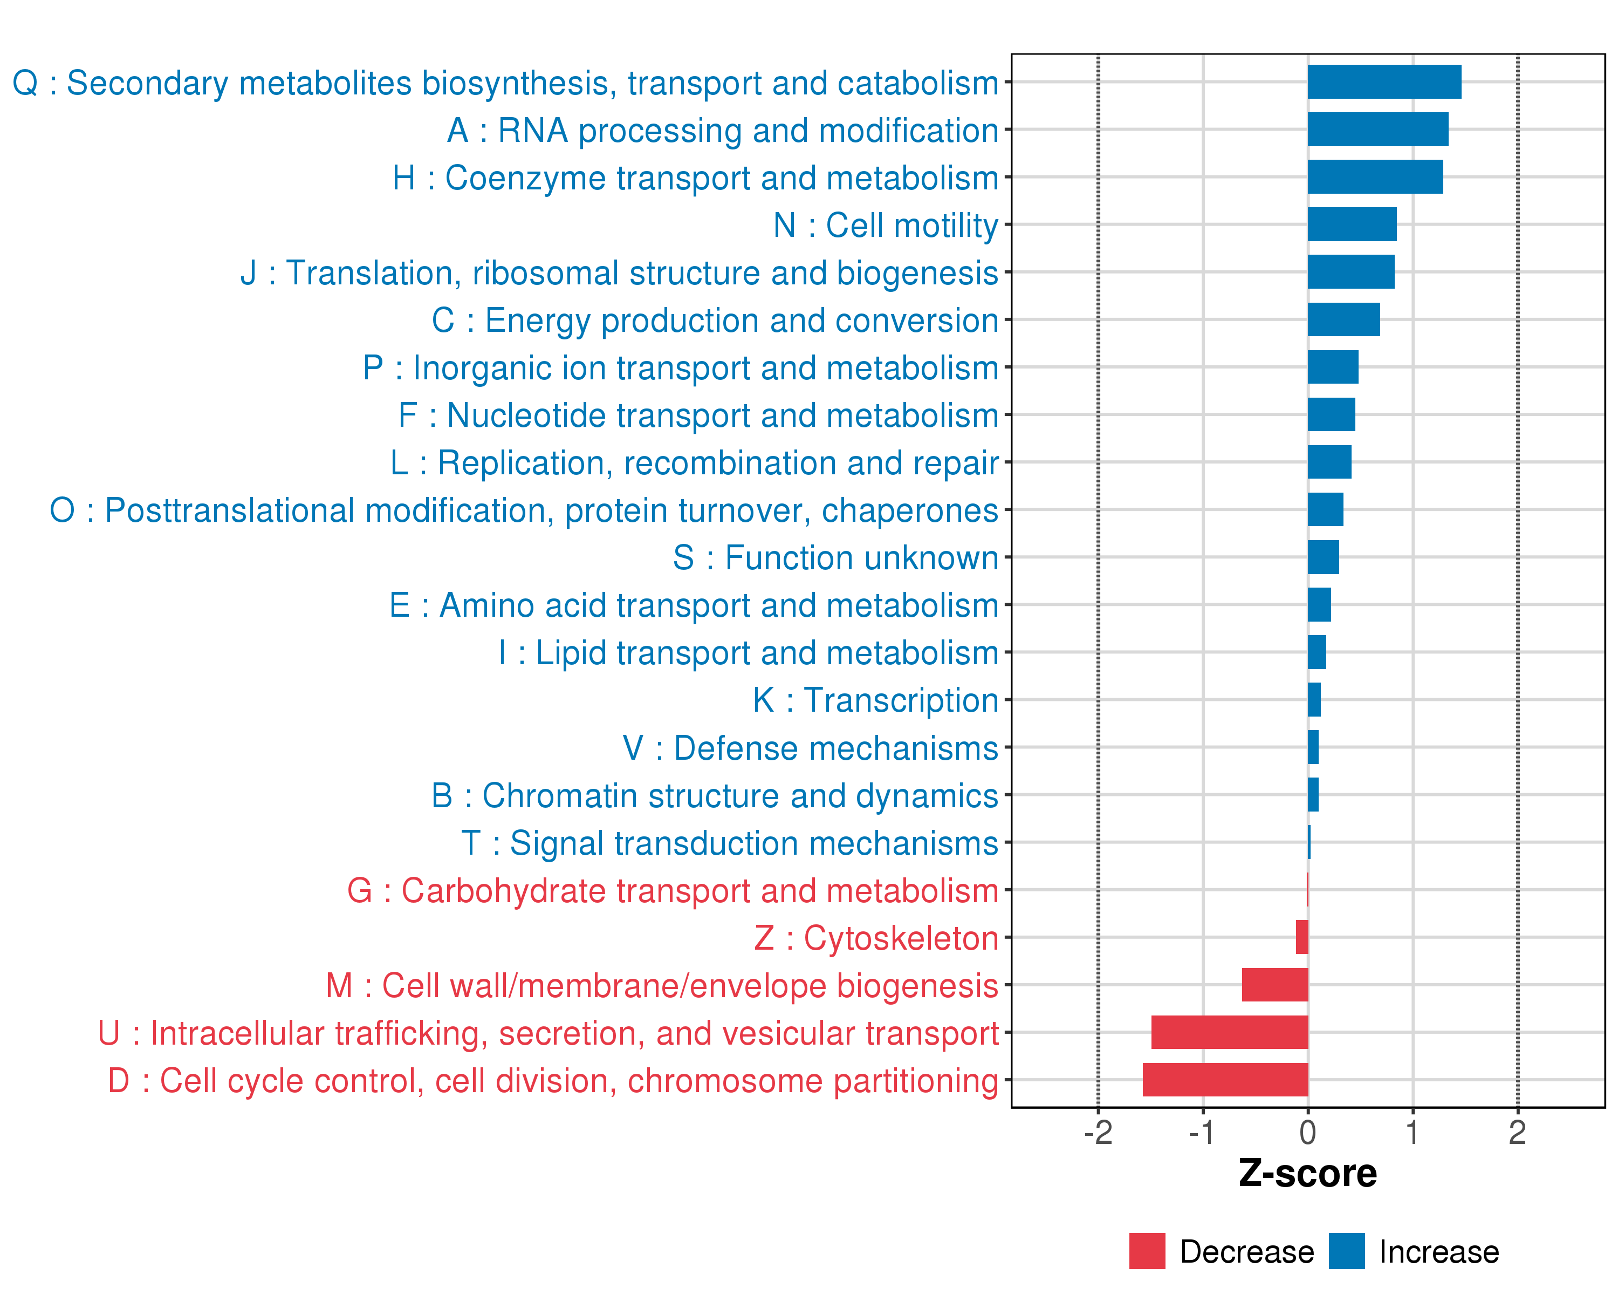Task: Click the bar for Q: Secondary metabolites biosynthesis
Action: point(1384,82)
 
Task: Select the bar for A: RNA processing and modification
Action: point(1378,129)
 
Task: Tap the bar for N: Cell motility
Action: point(1352,224)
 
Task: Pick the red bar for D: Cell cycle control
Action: point(1225,1080)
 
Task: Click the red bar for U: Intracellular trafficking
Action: point(1230,1032)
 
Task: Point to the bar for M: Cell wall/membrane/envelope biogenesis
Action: point(1275,985)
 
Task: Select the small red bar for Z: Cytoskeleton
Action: point(1302,937)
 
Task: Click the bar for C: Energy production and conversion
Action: point(1344,320)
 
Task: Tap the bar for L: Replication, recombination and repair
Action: point(1330,462)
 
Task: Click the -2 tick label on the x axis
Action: point(1098,1133)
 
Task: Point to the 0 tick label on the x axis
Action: point(1308,1133)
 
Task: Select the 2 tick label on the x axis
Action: point(1518,1133)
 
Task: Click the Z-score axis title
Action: point(1308,1174)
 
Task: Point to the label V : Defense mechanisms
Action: point(811,748)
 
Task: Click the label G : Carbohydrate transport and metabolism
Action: point(673,891)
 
